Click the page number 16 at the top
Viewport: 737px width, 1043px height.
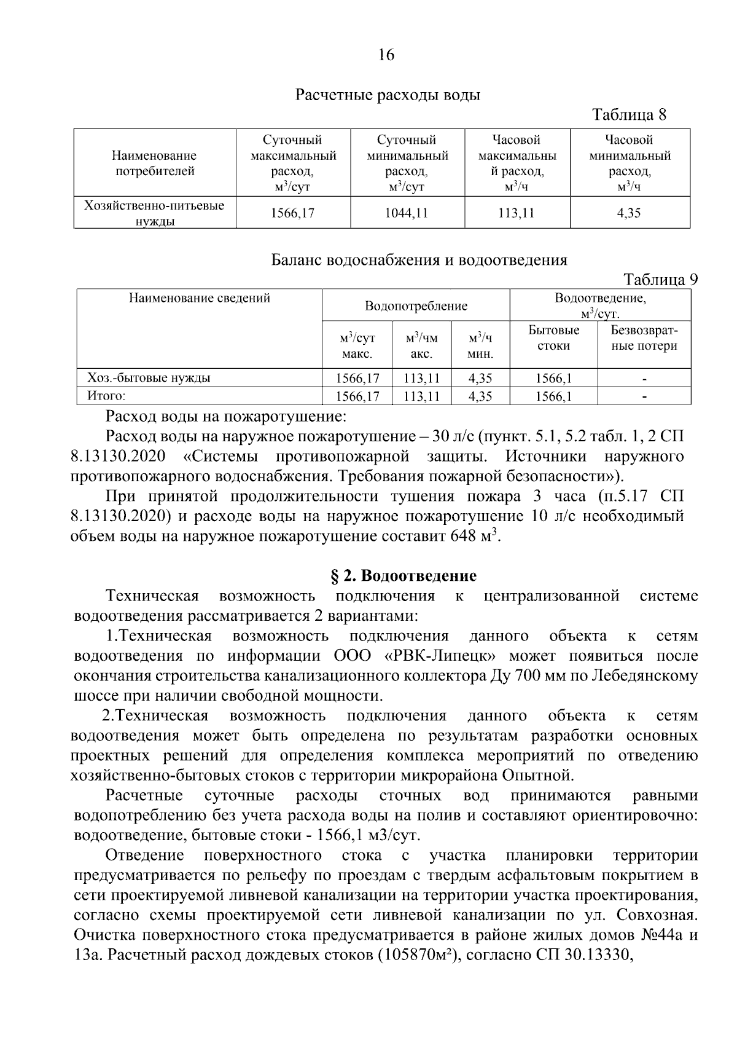[x=385, y=55]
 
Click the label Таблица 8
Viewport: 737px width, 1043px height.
[x=628, y=115]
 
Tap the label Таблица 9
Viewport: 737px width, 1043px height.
[x=661, y=280]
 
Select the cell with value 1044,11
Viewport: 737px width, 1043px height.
[x=407, y=213]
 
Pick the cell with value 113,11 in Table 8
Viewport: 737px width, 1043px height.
[x=517, y=213]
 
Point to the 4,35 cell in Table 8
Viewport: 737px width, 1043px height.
[x=629, y=213]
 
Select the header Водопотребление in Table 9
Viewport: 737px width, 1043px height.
[x=416, y=306]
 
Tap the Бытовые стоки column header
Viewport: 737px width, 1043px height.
[x=553, y=338]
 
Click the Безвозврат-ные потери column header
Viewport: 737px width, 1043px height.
[x=644, y=338]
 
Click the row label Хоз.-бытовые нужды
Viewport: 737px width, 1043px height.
[x=149, y=378]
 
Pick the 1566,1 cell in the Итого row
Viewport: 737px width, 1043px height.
[x=553, y=397]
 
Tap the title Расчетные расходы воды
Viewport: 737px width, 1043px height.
[x=388, y=95]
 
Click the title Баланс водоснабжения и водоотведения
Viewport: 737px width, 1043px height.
[x=419, y=260]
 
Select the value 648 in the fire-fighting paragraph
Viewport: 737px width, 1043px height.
[x=463, y=536]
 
